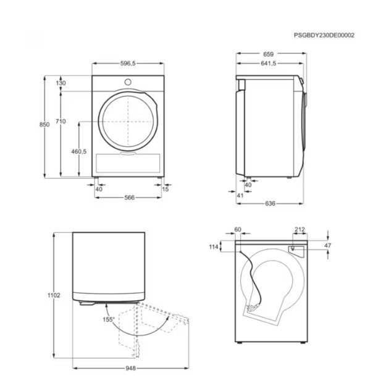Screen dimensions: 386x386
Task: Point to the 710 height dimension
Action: (60, 122)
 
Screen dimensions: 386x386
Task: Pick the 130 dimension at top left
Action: (61, 83)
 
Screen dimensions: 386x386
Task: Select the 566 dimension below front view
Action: (128, 198)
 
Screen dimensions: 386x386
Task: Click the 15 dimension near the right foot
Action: (165, 189)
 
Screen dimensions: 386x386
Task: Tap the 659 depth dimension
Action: (269, 54)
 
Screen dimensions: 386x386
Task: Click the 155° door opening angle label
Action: (109, 320)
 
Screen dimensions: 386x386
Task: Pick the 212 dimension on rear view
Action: (299, 230)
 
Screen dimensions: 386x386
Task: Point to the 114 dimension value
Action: (214, 247)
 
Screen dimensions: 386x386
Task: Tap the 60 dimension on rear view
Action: (238, 230)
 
